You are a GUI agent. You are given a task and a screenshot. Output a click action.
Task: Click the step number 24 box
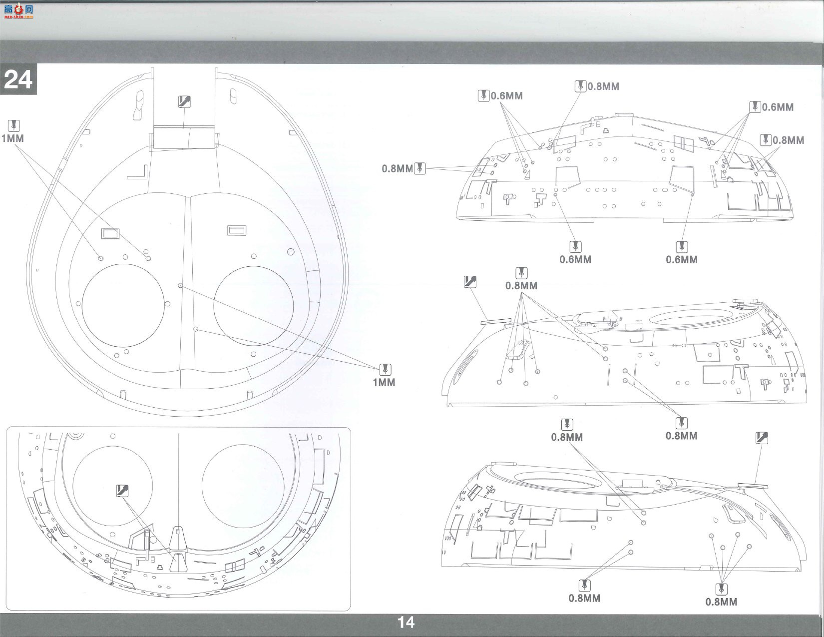18,79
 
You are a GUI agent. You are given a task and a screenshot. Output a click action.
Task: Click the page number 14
406,623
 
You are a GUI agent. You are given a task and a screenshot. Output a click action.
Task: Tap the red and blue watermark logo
18,12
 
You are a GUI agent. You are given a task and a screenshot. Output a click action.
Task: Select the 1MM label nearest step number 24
12,138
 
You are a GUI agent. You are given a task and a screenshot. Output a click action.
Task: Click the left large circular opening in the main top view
82,306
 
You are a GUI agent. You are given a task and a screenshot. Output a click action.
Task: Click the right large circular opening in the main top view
213,306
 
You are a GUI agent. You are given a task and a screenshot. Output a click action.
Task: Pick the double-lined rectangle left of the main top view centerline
109,234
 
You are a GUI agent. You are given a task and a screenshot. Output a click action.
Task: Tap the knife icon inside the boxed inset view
122,491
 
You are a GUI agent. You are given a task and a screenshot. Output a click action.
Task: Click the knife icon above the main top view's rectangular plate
184,102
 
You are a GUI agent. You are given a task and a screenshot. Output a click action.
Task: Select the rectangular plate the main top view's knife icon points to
184,137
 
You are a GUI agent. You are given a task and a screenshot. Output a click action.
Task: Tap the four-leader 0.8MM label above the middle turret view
521,286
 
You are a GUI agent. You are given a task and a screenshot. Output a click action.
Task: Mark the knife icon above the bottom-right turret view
762,438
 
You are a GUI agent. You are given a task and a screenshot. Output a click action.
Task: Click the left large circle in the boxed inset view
73,486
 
